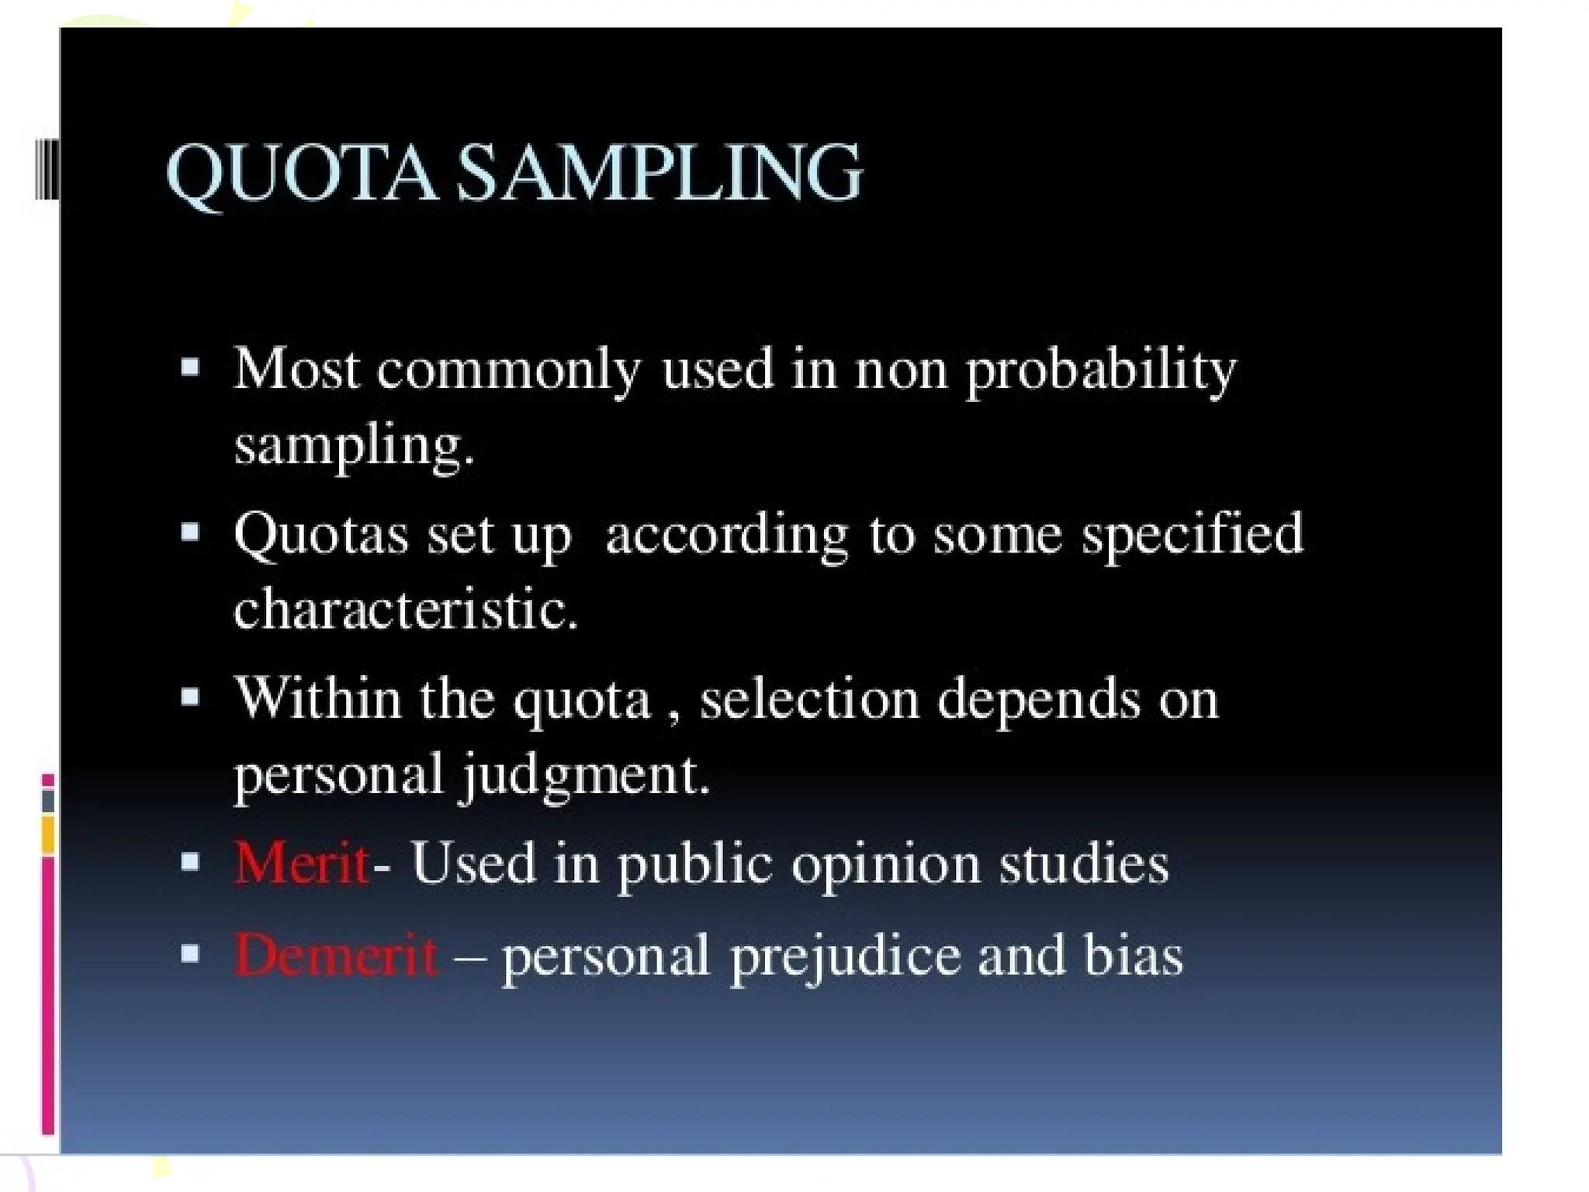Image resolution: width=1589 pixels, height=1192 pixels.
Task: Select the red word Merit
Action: coord(301,863)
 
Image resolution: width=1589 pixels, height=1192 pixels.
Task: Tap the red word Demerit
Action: coord(335,955)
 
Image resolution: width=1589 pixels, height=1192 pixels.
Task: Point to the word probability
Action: coord(1100,371)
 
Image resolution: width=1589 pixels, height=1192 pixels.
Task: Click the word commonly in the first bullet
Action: coord(509,371)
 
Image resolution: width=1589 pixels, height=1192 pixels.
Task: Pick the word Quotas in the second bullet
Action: coord(321,535)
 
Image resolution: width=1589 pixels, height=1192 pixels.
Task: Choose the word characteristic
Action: coord(405,608)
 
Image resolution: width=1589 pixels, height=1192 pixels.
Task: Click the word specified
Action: coord(1193,535)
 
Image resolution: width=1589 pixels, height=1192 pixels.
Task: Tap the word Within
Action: coord(318,698)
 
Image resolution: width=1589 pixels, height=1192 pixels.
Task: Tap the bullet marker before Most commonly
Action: coord(190,366)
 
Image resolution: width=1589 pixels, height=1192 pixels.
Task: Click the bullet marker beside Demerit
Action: coord(190,953)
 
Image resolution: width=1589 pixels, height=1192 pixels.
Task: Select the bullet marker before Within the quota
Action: coord(190,696)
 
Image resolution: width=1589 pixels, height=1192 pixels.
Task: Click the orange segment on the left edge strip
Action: coord(48,834)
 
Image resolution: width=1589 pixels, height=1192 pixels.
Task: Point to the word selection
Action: coord(809,698)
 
